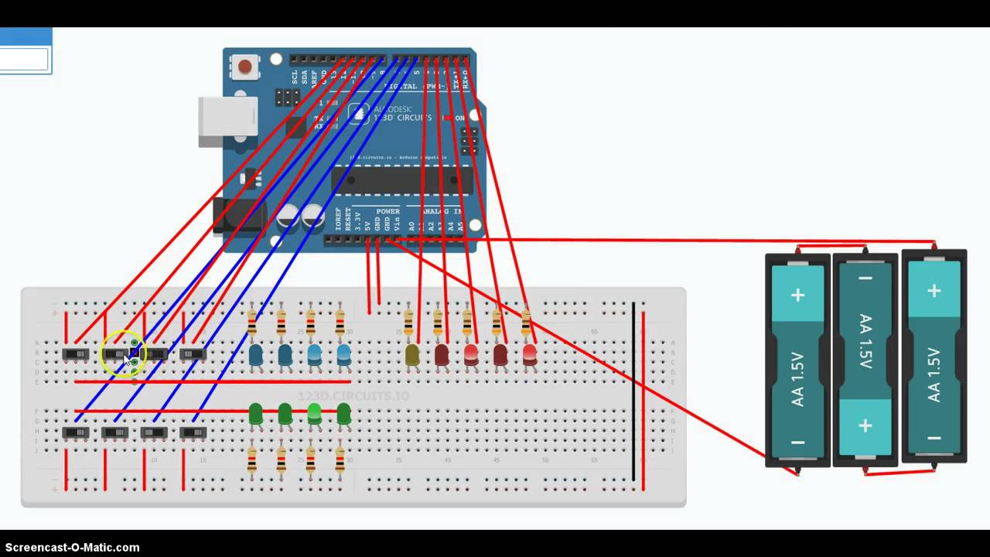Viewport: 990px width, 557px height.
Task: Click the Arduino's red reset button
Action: (245, 67)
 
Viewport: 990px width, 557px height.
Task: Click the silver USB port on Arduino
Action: (227, 121)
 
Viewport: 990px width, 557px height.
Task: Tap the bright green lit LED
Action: (314, 414)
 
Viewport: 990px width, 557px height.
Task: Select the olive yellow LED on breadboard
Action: (412, 355)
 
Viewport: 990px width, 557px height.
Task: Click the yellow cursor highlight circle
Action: (123, 354)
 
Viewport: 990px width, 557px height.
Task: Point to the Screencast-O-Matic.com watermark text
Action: (73, 547)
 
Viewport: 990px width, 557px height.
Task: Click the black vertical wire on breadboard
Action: (633, 391)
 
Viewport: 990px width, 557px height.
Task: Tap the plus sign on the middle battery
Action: (865, 425)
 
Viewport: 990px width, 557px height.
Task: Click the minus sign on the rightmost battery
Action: (934, 438)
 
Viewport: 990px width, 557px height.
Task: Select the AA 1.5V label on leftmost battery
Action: (797, 379)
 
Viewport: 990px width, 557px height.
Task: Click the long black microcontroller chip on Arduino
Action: (401, 179)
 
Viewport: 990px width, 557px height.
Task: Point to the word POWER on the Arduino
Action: (387, 211)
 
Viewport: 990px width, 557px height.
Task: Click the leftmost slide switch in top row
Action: (76, 354)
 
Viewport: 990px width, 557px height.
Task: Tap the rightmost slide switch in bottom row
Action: (193, 432)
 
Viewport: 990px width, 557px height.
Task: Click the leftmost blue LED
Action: (255, 355)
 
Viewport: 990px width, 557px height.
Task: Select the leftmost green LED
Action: (255, 414)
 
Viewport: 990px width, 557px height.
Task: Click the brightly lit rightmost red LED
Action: (530, 354)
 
